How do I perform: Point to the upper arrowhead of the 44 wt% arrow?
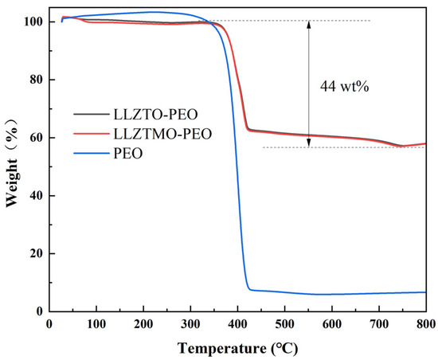click(x=310, y=23)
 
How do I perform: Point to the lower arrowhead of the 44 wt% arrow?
click(x=310, y=145)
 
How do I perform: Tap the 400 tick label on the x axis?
click(x=237, y=323)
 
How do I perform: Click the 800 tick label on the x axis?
click(x=426, y=323)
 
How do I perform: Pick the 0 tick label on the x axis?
click(x=49, y=323)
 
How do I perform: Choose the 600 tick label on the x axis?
click(x=331, y=323)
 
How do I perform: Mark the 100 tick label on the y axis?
click(x=31, y=22)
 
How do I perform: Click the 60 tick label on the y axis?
click(x=34, y=138)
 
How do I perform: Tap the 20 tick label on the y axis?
click(x=34, y=254)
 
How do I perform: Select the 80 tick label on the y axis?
click(x=34, y=80)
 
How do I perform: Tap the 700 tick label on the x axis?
click(x=379, y=323)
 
